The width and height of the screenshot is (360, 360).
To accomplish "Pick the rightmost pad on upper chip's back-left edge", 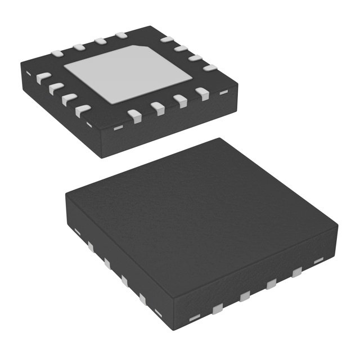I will click(121, 36).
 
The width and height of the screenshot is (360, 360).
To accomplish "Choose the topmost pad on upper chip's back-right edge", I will click(166, 40).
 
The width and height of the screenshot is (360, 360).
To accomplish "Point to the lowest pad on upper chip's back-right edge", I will click(210, 67).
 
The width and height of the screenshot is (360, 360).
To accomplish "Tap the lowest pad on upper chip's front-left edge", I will click(83, 110).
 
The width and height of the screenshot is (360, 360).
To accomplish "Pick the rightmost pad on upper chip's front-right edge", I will click(202, 94).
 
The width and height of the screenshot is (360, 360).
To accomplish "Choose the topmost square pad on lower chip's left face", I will click(89, 246).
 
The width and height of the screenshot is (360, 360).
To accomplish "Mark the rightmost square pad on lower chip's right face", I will click(296, 274).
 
